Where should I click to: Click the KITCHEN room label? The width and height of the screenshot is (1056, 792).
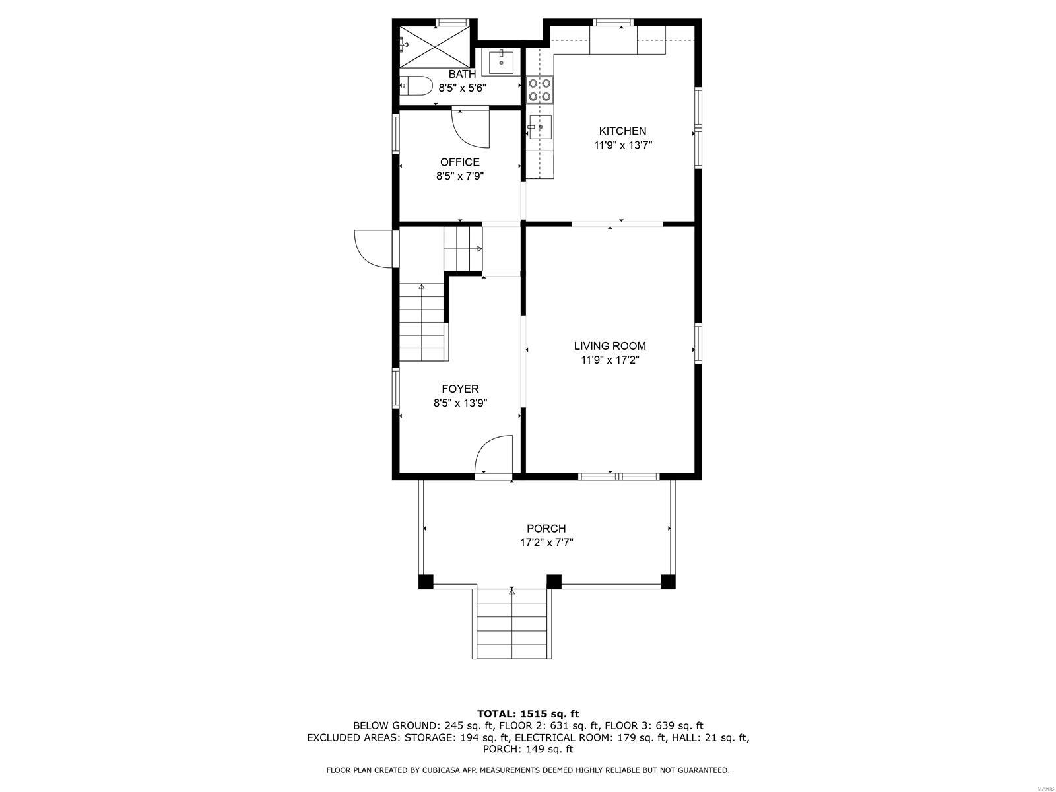tap(622, 131)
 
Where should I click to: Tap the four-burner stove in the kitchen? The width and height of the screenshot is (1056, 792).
tap(539, 90)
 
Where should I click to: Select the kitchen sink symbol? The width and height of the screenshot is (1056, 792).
tap(540, 125)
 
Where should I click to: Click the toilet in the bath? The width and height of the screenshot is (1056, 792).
tap(416, 86)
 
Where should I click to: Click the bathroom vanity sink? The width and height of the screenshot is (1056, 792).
tap(502, 61)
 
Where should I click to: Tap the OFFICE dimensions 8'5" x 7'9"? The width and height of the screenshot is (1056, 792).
tap(460, 176)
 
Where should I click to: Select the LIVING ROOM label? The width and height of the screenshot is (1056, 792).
tap(610, 346)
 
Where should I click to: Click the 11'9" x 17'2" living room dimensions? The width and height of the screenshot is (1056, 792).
tap(610, 360)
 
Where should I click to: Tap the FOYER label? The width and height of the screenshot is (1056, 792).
tap(460, 389)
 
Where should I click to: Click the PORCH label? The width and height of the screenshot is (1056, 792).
tap(546, 529)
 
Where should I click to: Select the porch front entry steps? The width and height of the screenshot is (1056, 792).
tap(511, 624)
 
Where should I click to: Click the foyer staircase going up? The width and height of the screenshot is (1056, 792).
tap(422, 323)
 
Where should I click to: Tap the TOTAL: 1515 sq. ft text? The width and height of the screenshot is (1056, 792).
tap(527, 713)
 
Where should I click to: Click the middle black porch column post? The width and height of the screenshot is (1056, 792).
tap(554, 581)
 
